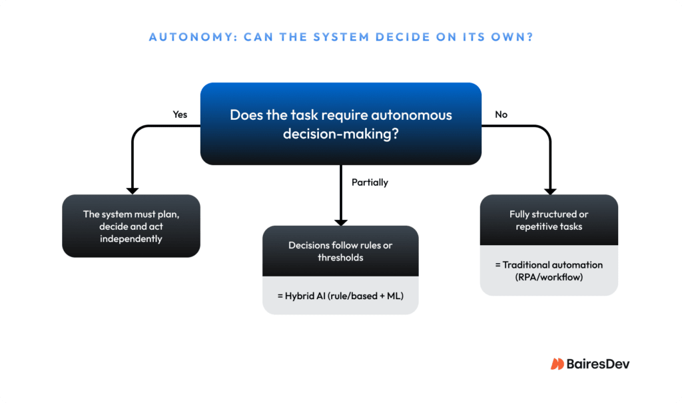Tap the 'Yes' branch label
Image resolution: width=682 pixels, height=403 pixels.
tap(180, 115)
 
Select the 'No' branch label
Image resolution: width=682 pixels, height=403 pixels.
tap(501, 115)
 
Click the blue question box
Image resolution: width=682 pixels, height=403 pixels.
tap(340, 124)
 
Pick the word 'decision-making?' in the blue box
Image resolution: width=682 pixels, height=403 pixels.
tap(340, 134)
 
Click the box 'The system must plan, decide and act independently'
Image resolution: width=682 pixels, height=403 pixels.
tap(131, 226)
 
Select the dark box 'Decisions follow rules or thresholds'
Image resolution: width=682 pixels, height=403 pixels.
tap(340, 251)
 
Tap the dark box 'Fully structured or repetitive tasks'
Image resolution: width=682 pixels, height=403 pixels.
tap(549, 220)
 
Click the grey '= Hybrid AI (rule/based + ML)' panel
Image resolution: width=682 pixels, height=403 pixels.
tap(340, 294)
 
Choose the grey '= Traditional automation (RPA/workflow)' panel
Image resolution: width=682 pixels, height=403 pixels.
tap(549, 270)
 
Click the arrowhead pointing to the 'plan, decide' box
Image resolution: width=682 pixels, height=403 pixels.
tap(132, 189)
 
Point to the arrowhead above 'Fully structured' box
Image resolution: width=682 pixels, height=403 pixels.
tap(551, 189)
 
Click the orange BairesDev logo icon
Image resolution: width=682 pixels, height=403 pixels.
tap(557, 364)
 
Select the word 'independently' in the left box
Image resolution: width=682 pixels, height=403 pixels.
tap(131, 238)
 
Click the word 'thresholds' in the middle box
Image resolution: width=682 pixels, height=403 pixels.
tap(340, 257)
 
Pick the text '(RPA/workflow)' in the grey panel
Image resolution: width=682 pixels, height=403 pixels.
tap(549, 276)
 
